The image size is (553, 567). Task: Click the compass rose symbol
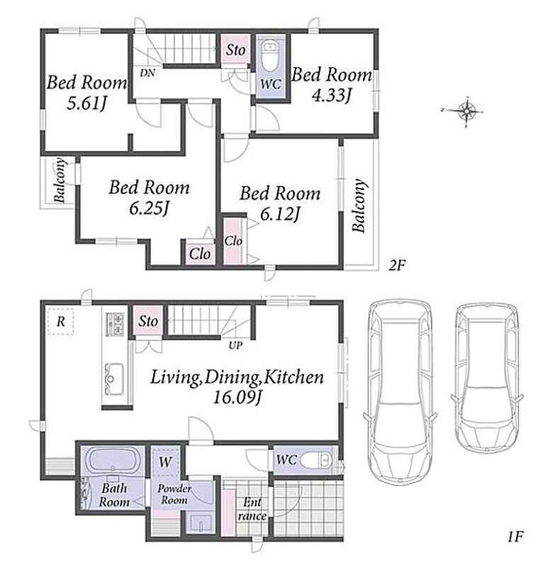[x=467, y=111]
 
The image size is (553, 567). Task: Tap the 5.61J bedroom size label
[x=86, y=103]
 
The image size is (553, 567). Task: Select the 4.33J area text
[x=332, y=95]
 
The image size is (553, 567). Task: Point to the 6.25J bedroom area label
[x=149, y=208]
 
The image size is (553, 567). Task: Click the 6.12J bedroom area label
[x=280, y=214]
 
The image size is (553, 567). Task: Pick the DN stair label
[x=147, y=73]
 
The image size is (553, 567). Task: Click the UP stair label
[x=235, y=345]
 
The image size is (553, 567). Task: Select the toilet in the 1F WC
[x=316, y=460]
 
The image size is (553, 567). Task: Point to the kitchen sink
[x=114, y=379]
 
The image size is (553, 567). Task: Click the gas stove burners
[x=115, y=324]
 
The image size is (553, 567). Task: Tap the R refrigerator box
[x=60, y=321]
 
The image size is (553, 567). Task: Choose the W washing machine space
[x=165, y=461]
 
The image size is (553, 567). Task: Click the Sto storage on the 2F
[x=235, y=50]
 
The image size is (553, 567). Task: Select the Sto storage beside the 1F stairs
[x=148, y=321]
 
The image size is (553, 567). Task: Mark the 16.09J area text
[x=237, y=398]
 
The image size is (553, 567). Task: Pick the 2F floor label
[x=397, y=266]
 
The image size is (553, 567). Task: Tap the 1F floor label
[x=515, y=537]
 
